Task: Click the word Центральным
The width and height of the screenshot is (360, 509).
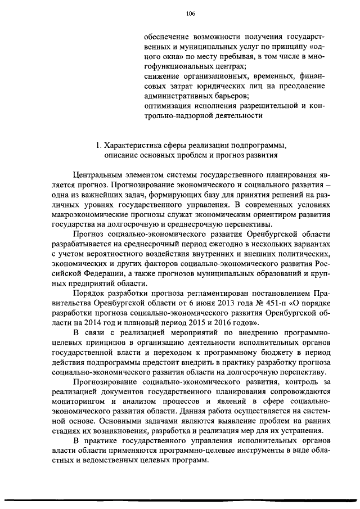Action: (100, 175)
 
